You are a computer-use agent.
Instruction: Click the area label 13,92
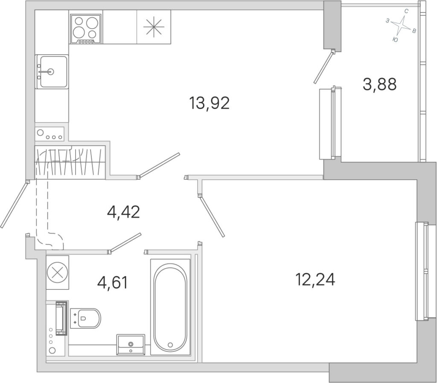pos(209,103)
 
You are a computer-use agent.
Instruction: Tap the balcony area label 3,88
pos(379,84)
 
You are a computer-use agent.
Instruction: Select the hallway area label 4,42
pos(123,212)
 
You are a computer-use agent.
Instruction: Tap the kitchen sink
pos(52,72)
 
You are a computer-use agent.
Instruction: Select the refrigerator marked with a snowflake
pos(154,27)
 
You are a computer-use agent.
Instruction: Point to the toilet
pos(85,318)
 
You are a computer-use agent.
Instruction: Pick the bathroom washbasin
pos(131,345)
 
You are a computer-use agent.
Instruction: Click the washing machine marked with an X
pos(58,272)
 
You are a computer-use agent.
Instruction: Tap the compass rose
pos(401,25)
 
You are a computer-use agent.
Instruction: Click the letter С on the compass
pos(406,12)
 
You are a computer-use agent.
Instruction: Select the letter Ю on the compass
pos(395,40)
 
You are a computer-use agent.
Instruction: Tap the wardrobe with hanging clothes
pos(70,162)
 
